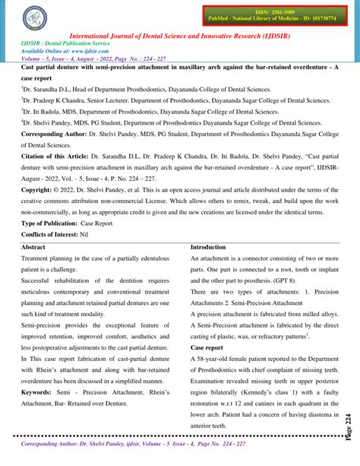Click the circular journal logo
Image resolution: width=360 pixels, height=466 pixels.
pos(33,18)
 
